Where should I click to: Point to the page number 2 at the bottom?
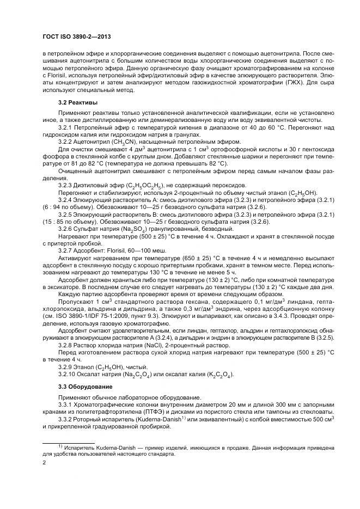coord(44,462)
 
